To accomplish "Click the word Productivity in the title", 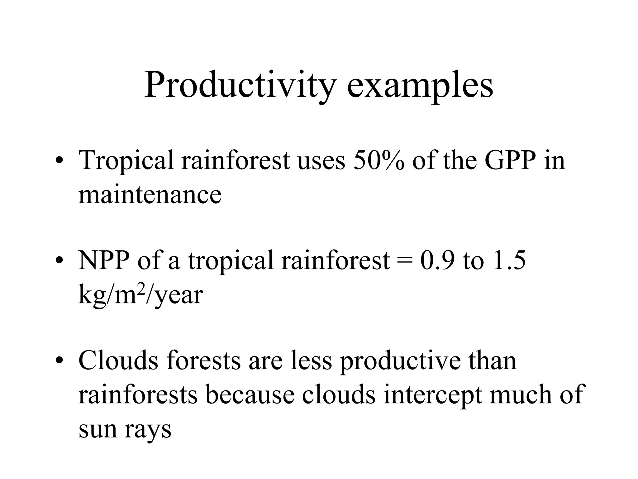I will tap(240, 85).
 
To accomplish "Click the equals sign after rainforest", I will tap(405, 260).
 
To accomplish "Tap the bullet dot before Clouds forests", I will tap(59, 361).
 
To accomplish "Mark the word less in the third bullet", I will tap(311, 360).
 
